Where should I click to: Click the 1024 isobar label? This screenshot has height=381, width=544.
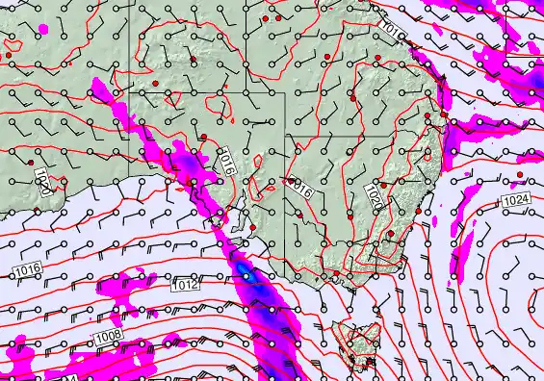(x=515, y=199)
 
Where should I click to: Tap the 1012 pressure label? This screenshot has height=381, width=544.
(x=185, y=285)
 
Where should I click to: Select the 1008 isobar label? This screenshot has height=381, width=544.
(x=108, y=336)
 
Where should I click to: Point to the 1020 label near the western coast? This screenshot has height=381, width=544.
(x=41, y=183)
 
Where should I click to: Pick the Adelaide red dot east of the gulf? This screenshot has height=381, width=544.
(x=252, y=227)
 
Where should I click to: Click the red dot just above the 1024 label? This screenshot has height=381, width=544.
(x=521, y=174)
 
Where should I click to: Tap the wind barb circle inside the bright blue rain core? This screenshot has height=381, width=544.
(x=247, y=276)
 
